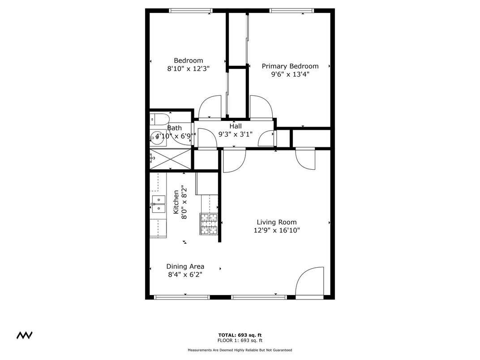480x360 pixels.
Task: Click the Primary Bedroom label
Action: pos(290,66)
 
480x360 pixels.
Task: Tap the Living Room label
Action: pos(276,222)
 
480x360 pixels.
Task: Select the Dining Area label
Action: pos(185,266)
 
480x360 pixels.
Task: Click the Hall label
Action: pos(236,126)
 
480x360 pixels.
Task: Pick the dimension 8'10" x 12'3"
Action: pos(188,69)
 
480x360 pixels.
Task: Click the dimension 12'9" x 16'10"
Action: pos(276,231)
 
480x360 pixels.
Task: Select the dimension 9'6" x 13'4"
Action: pos(290,75)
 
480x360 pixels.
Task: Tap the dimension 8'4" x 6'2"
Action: pos(185,275)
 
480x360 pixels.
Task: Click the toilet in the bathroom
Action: pos(159,119)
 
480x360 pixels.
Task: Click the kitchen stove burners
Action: pos(209,224)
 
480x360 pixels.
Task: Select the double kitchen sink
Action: pos(158,204)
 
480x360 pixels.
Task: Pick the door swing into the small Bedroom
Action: pos(210,108)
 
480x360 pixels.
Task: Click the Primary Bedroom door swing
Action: pos(260,107)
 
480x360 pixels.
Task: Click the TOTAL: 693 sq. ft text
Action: pos(240,335)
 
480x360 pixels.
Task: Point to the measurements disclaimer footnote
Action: pos(240,350)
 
